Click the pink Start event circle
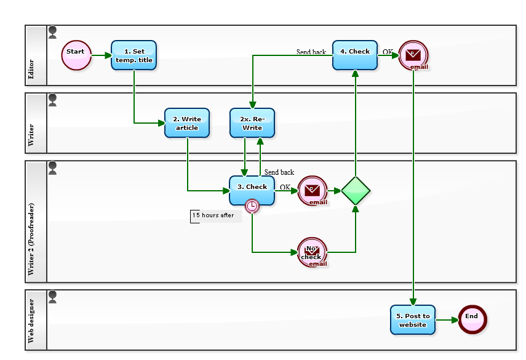click(76, 55)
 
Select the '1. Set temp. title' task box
click(133, 55)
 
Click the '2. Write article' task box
click(187, 123)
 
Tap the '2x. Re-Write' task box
click(252, 123)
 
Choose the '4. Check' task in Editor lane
click(355, 55)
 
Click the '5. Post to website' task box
click(412, 320)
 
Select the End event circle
click(472, 319)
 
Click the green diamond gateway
click(356, 191)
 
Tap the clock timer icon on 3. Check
click(252, 206)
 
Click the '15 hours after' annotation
click(215, 216)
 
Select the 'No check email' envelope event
click(312, 252)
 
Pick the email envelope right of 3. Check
click(312, 191)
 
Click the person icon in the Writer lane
click(52, 100)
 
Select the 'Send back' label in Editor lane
click(311, 52)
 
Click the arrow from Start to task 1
click(101, 55)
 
